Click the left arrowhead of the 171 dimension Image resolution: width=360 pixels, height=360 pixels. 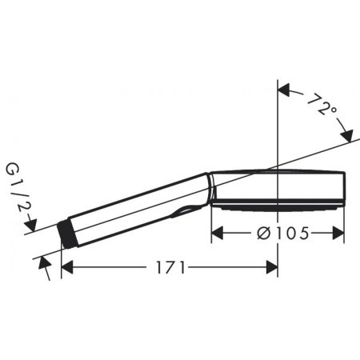click(67, 268)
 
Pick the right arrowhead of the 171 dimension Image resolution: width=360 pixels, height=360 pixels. click(272, 268)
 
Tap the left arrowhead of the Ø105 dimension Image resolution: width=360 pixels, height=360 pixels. click(217, 233)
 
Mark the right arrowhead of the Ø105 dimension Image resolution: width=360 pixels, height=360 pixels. click(339, 233)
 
